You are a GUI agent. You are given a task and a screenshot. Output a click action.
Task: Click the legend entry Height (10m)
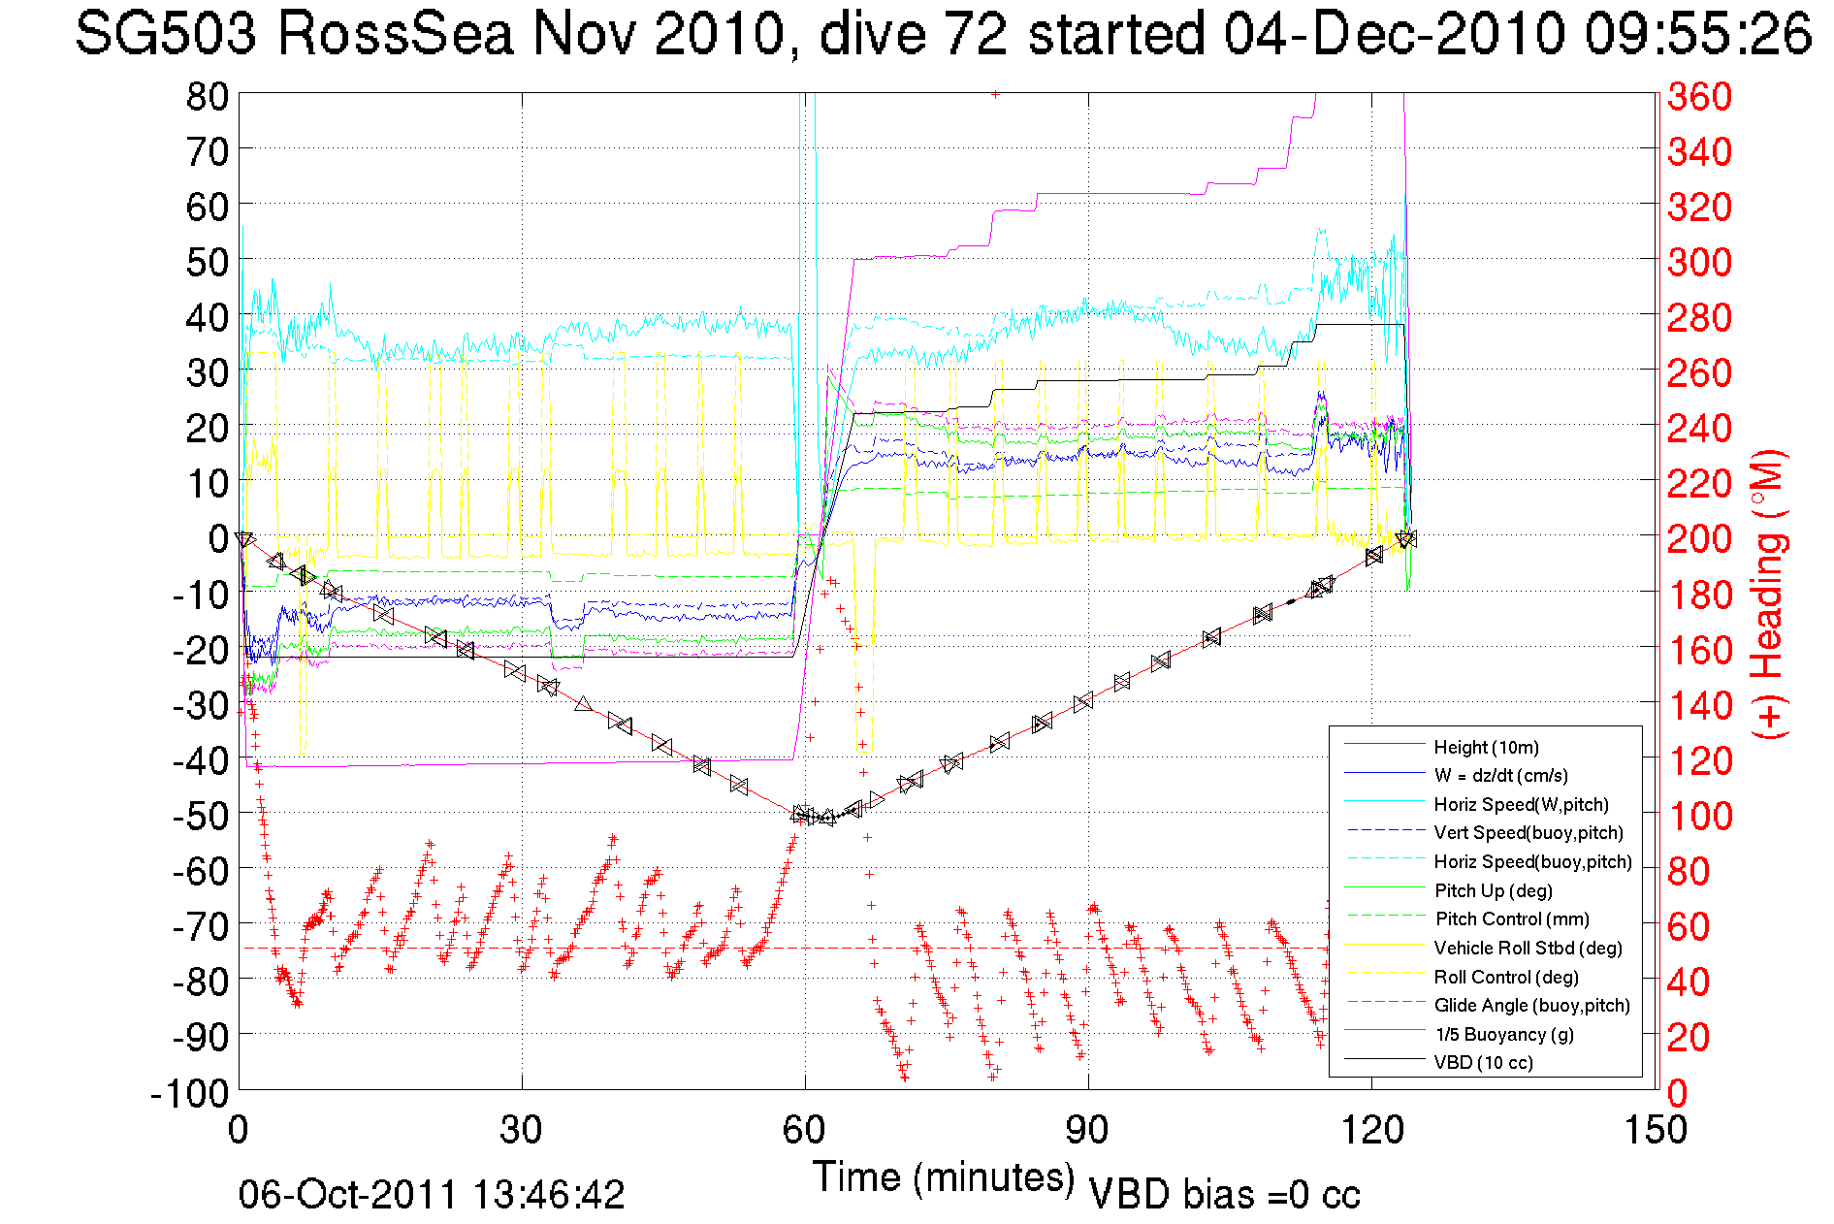click(x=1486, y=747)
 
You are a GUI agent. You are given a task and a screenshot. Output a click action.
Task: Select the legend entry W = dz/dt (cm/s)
click(x=1500, y=775)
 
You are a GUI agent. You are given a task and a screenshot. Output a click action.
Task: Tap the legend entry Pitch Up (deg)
click(x=1493, y=890)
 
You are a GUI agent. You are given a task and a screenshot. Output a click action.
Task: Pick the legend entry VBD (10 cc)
click(x=1483, y=1062)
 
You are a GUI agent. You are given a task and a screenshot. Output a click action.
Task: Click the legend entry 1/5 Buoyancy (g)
click(x=1504, y=1034)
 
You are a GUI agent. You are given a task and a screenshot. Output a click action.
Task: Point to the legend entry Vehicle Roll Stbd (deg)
click(x=1528, y=948)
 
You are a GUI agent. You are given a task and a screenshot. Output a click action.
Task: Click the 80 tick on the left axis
click(x=207, y=96)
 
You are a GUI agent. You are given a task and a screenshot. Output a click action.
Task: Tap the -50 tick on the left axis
click(x=199, y=816)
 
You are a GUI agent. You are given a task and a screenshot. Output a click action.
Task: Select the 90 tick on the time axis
click(x=1087, y=1130)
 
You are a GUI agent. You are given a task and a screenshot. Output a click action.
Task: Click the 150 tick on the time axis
click(x=1654, y=1130)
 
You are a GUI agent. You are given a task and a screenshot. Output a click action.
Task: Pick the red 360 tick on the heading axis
click(x=1699, y=96)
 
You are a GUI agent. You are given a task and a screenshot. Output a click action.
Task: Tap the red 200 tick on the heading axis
click(x=1699, y=538)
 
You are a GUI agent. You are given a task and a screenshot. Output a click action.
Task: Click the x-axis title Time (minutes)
click(x=944, y=1177)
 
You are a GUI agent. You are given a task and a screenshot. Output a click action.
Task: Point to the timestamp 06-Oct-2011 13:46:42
click(x=432, y=1195)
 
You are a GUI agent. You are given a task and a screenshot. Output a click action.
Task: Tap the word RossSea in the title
click(x=395, y=34)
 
